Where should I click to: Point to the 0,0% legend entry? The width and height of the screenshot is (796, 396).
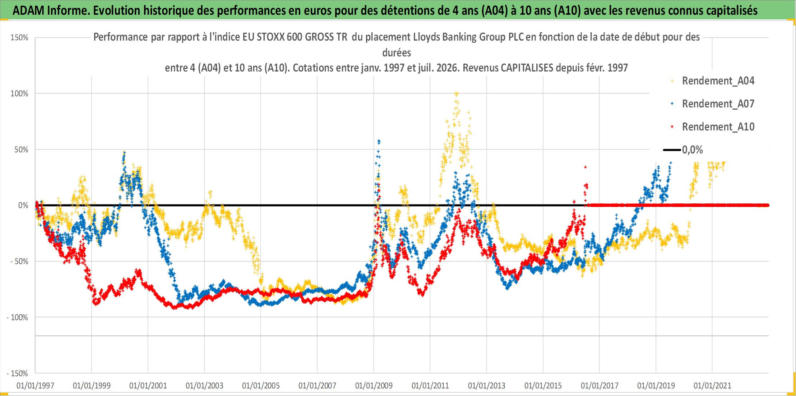[683, 150]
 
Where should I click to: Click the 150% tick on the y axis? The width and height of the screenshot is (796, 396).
[19, 38]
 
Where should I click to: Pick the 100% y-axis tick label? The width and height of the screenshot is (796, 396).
[19, 94]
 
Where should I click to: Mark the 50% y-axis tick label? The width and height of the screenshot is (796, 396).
[21, 150]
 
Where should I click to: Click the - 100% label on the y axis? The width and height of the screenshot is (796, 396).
[17, 318]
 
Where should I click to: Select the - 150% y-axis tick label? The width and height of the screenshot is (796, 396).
[17, 374]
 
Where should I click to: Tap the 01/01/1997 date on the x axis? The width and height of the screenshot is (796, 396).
[35, 386]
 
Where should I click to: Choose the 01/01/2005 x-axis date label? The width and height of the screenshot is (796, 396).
[261, 386]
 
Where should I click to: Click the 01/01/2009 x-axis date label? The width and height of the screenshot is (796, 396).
[374, 386]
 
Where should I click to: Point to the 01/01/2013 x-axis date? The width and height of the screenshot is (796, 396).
[487, 386]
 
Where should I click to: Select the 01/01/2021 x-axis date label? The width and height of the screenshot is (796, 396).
[712, 386]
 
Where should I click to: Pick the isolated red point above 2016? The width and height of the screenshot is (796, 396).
[586, 167]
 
